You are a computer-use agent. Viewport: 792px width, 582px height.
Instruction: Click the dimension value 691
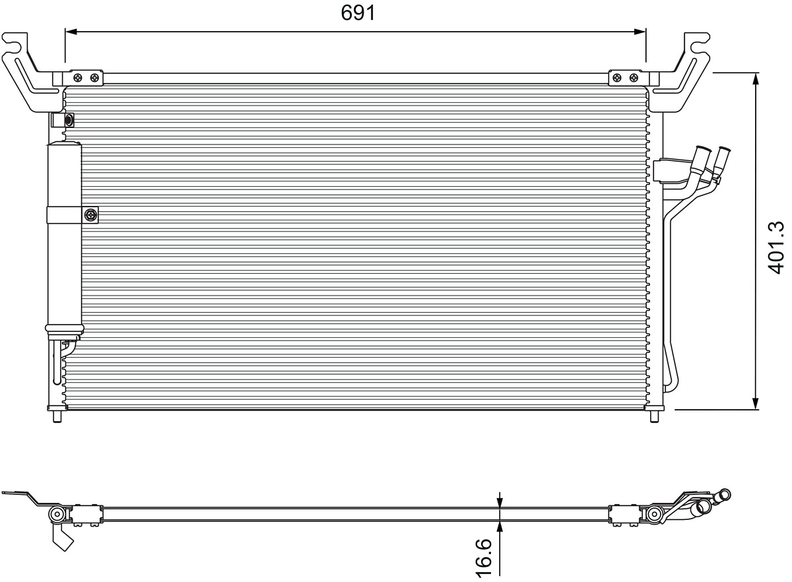point(358,12)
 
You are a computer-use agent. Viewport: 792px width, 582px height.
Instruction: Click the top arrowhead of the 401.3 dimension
point(756,78)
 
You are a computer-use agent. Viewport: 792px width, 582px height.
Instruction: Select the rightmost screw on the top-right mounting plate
point(634,77)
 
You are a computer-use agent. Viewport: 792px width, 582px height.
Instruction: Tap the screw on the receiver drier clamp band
point(90,214)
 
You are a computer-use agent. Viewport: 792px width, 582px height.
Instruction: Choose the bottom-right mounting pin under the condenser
point(654,416)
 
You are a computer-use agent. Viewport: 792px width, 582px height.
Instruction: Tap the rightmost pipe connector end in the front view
point(724,156)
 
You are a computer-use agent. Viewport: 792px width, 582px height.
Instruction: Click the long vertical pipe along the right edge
point(667,297)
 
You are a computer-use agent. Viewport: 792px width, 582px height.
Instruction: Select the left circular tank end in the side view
point(57,514)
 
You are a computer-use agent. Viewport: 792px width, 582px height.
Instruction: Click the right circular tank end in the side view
point(655,514)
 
